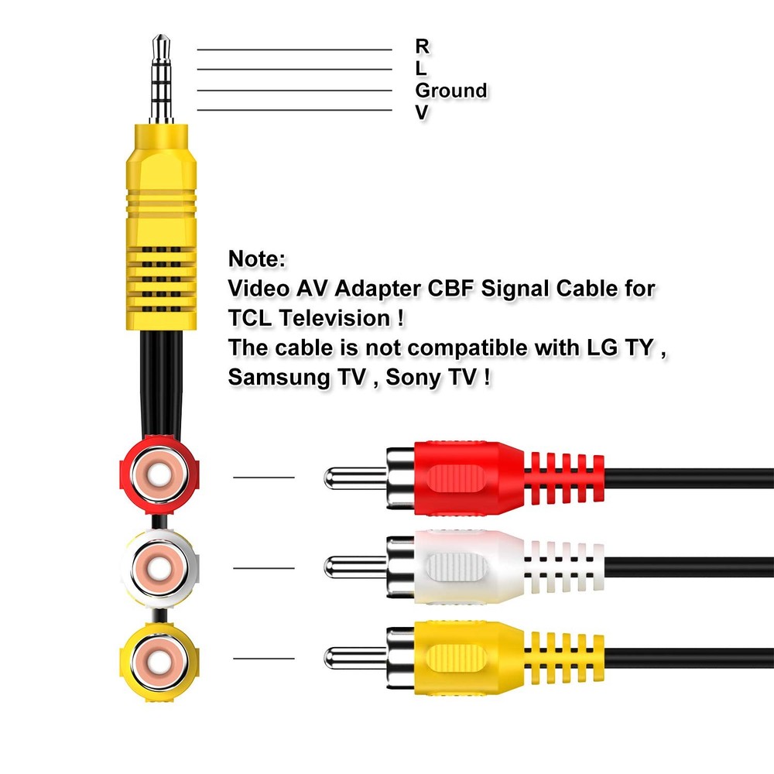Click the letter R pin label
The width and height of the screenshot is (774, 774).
(423, 46)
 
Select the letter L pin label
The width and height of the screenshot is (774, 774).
(421, 68)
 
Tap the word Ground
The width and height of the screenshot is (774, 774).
(451, 91)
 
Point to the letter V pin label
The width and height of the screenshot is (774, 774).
(422, 113)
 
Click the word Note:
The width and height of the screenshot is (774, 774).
(258, 259)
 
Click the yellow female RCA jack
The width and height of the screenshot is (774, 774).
(159, 659)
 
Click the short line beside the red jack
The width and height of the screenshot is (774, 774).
(263, 478)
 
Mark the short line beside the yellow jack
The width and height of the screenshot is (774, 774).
(263, 659)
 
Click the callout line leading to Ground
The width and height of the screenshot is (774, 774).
(294, 91)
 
